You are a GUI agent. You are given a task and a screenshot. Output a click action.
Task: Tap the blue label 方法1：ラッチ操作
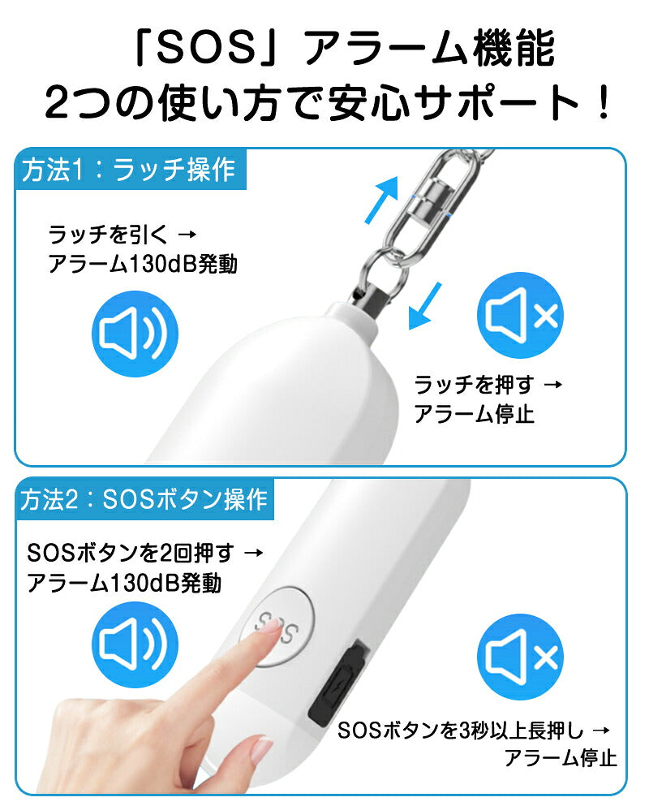coord(131,170)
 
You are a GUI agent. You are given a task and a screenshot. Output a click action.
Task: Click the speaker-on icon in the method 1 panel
coord(135,333)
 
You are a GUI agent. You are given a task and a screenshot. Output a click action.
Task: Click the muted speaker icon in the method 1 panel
coord(520,315)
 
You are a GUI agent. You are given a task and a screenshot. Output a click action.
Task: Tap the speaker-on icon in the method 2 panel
coord(135,644)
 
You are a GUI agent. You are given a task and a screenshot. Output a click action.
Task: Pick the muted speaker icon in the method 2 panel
coord(520,657)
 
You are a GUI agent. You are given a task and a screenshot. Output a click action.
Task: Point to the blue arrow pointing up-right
coord(382,199)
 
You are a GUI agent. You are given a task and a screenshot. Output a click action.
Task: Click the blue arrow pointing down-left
coord(424,305)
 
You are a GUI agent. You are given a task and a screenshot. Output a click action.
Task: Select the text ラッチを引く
coord(108,235)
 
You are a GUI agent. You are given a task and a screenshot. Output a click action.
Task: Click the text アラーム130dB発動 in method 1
coord(142,265)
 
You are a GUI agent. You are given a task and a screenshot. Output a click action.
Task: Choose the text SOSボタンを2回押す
coord(131,553)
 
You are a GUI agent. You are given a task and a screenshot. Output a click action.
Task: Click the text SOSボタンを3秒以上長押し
coord(461,730)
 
